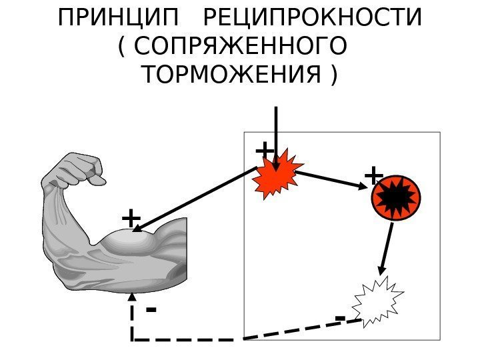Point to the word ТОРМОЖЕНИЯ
(233, 76)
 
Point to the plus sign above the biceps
(131, 218)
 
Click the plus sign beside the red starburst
(265, 149)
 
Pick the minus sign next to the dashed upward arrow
(151, 309)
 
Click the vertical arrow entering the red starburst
(276, 133)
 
